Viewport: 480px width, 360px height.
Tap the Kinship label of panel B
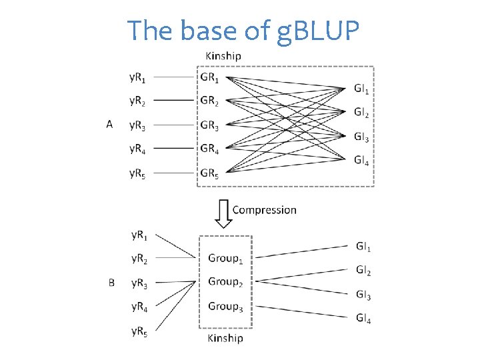point(225,338)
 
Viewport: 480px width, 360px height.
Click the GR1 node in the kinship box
point(209,77)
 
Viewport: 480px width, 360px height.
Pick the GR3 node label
point(209,125)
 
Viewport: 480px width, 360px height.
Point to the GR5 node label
point(209,174)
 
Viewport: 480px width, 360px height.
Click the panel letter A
point(109,124)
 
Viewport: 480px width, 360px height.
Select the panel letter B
point(111,283)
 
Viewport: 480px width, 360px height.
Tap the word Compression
point(264,209)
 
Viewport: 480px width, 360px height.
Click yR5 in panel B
point(140,331)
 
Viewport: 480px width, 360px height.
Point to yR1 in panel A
point(139,77)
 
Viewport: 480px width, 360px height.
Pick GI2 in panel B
point(363,271)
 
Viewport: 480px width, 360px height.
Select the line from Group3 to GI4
point(303,311)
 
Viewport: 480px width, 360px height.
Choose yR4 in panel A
point(139,149)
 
